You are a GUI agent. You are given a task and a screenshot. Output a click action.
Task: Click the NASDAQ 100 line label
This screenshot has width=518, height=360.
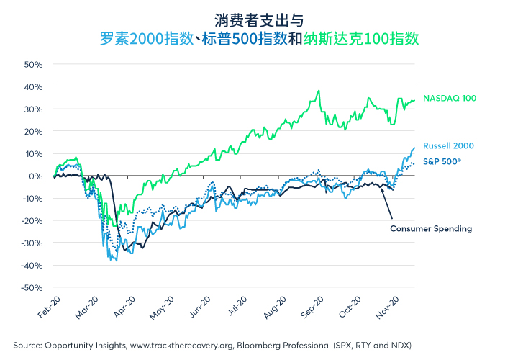[x=450, y=98]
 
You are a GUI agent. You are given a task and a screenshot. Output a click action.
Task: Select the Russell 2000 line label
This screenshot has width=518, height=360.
[x=448, y=145]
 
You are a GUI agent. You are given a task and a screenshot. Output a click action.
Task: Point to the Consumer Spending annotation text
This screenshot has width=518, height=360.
[x=431, y=229]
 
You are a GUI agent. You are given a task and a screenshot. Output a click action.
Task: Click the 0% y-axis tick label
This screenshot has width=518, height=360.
[x=36, y=176]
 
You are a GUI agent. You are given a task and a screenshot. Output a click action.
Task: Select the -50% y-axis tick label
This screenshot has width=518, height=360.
[x=32, y=287]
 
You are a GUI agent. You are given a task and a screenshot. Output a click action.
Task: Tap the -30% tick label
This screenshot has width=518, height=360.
[x=32, y=243]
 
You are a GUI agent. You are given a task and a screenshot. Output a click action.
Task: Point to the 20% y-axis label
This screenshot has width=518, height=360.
[x=34, y=131]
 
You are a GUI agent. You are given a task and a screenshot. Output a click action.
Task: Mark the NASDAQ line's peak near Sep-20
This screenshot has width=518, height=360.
[x=318, y=91]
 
